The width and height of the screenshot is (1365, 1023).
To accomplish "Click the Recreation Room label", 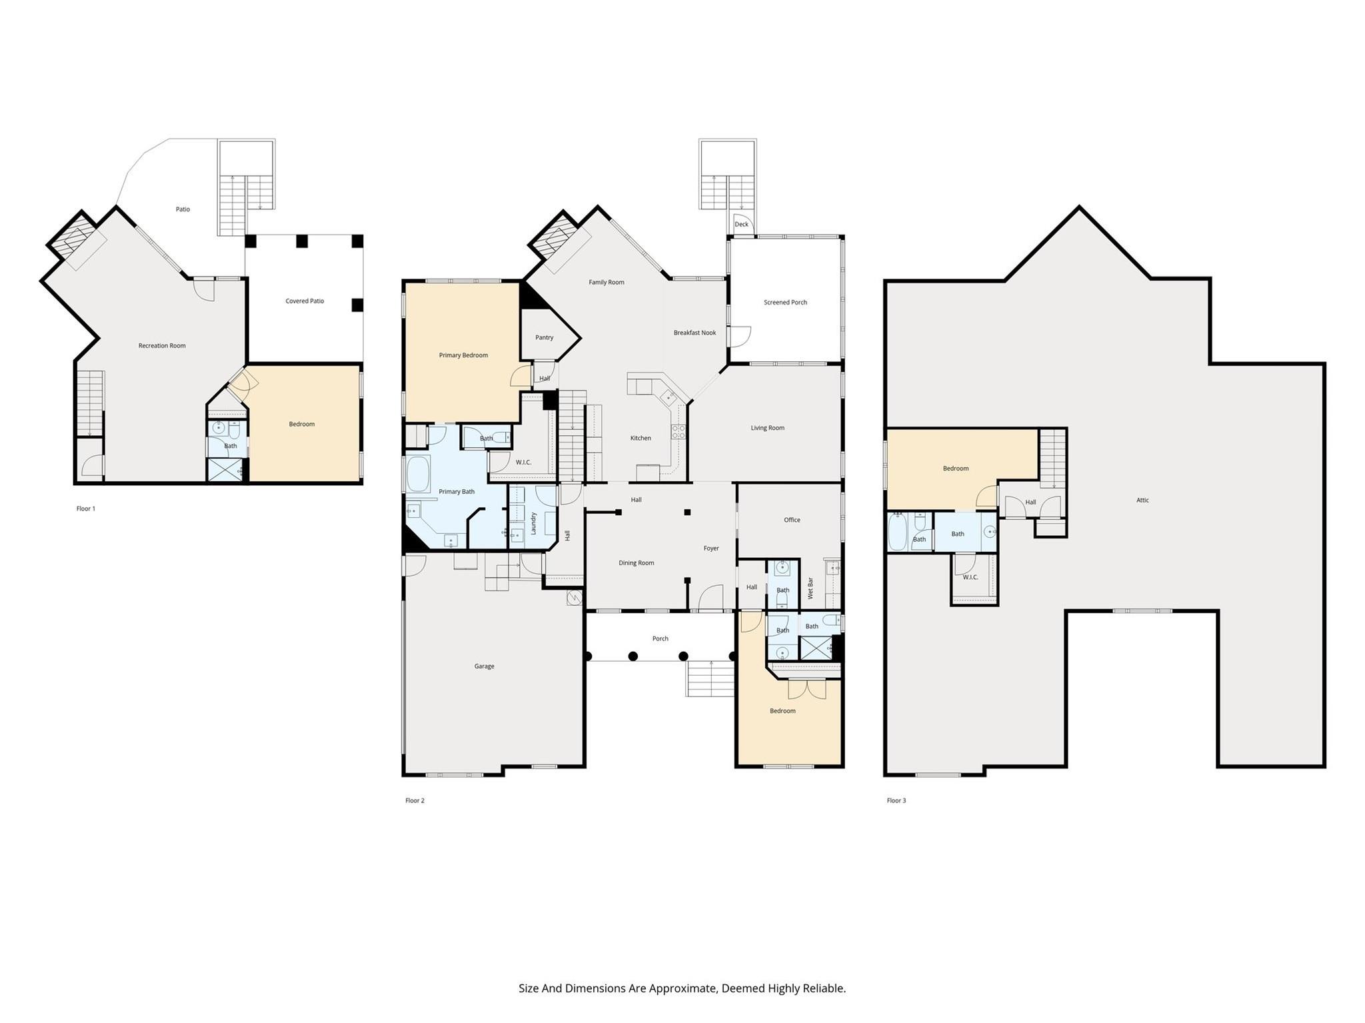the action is click(162, 345).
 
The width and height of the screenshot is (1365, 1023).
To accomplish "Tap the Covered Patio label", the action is click(305, 301).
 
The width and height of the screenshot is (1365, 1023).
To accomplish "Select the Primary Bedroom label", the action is click(463, 355).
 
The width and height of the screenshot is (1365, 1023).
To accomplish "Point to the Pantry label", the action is click(545, 337).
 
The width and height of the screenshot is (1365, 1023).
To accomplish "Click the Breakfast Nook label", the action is click(694, 333).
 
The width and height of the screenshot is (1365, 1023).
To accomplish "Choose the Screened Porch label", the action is click(785, 303).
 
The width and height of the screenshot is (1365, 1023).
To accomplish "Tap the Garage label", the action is click(485, 666).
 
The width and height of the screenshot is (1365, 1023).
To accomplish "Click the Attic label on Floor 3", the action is click(1142, 501).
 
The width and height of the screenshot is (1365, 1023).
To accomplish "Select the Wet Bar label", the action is click(810, 588).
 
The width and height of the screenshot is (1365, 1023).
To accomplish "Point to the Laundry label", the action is click(534, 523).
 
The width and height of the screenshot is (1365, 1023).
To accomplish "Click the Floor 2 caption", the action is click(415, 800).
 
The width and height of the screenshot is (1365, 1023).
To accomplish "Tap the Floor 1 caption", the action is click(86, 509).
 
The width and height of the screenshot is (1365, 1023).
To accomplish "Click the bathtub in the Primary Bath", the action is click(419, 474).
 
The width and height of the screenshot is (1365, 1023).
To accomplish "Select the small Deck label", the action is click(741, 225).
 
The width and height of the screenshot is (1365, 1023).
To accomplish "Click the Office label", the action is click(792, 520).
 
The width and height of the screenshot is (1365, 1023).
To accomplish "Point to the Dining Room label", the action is click(637, 563).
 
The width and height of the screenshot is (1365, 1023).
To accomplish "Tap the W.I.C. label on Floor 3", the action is click(970, 577).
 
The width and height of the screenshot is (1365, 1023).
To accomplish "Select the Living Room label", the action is click(767, 428).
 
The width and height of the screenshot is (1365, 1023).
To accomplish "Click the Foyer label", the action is click(711, 548).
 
